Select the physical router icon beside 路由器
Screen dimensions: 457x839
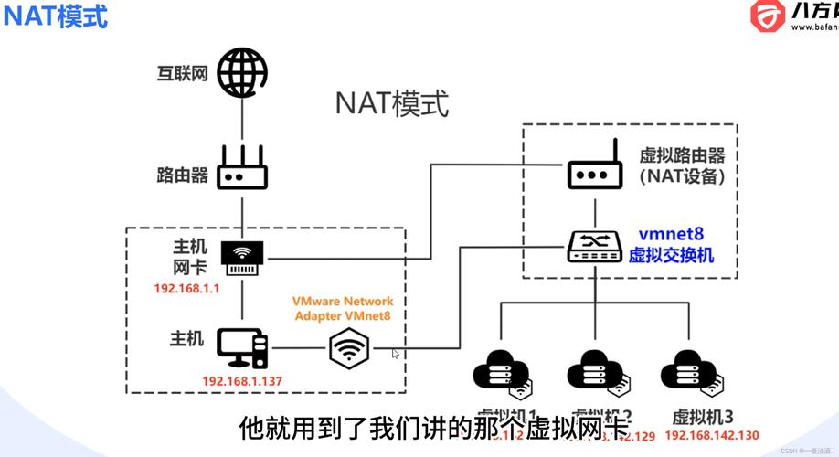click(241, 168)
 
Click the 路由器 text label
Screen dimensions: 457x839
click(183, 175)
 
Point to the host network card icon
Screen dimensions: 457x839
click(241, 258)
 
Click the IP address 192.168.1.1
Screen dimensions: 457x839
click(187, 289)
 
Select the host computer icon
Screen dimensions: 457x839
click(242, 346)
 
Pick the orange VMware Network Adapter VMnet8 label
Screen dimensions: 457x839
click(343, 308)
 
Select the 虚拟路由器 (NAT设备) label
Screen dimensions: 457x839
click(681, 165)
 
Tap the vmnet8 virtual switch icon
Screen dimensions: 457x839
click(595, 244)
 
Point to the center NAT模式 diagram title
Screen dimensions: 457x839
click(392, 103)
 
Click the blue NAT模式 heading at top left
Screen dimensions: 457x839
click(54, 16)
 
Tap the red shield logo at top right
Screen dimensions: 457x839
click(767, 16)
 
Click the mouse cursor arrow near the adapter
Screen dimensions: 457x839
click(395, 353)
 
